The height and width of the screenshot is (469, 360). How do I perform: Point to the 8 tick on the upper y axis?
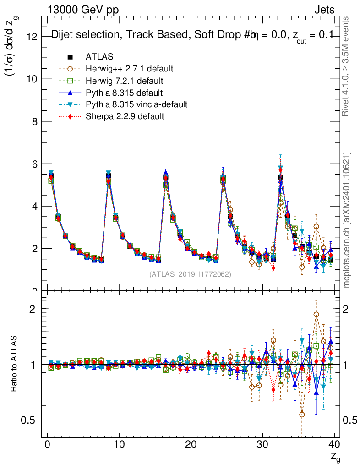(x=34, y=121)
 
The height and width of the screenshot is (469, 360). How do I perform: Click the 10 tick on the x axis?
(x=119, y=444)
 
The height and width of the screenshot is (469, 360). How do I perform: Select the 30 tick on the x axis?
(x=262, y=444)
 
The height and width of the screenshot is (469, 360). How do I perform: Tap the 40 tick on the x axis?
(x=334, y=444)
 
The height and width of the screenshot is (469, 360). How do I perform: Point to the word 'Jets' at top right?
(x=324, y=10)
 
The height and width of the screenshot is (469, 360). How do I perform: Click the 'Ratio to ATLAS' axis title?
(x=15, y=364)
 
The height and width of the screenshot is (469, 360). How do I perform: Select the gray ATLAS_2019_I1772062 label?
(x=190, y=274)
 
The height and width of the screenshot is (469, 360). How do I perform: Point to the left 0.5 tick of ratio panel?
(x=29, y=420)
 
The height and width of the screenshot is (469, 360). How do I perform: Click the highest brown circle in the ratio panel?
(x=316, y=315)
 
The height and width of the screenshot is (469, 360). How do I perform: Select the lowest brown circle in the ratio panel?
(x=302, y=414)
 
